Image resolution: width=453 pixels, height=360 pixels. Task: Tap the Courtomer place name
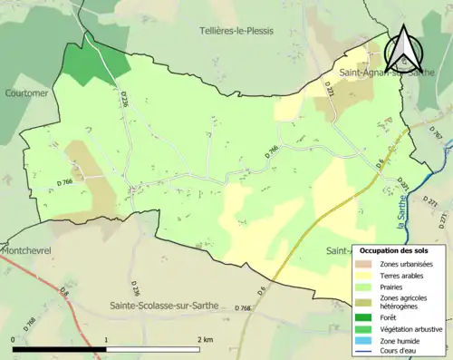point(24,92)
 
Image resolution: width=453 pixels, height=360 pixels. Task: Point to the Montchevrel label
point(26,249)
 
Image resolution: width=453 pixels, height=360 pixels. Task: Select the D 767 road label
point(435,134)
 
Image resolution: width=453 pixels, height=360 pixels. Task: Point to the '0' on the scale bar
point(14,339)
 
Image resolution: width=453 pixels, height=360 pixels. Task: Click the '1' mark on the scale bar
point(107,339)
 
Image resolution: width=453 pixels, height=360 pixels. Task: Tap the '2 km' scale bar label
point(205,339)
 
